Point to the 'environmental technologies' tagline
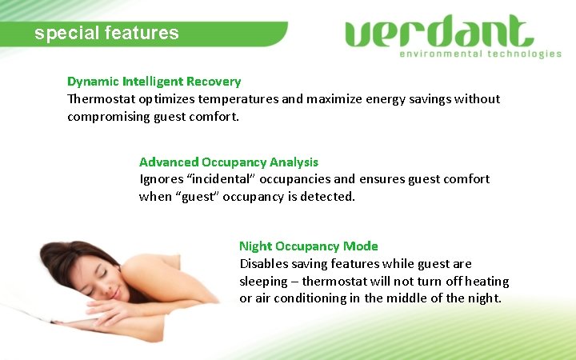(480, 54)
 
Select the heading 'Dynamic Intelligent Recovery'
(154, 82)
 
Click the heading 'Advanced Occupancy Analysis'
(229, 162)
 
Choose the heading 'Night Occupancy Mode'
(309, 246)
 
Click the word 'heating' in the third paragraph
(485, 282)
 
